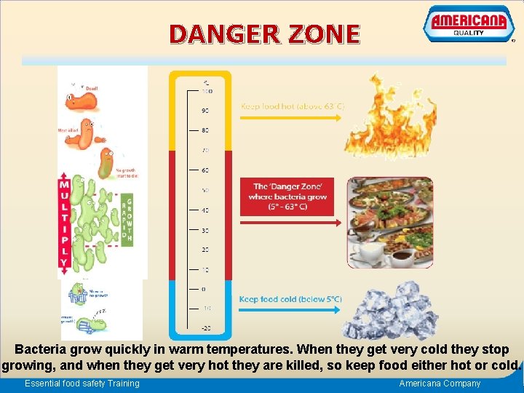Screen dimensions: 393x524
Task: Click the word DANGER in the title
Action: point(218,34)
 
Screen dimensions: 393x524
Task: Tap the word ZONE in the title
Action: point(325,34)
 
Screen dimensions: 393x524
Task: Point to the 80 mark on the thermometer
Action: point(204,130)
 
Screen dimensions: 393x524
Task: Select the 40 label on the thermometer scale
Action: point(205,210)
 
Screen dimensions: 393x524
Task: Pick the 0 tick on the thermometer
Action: point(205,289)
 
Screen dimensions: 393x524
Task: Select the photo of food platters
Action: point(390,222)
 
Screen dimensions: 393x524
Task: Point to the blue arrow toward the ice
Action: point(291,310)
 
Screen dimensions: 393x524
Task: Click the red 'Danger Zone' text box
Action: point(290,196)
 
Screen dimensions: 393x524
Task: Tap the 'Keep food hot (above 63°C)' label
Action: point(293,106)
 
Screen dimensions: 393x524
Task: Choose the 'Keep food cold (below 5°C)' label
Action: point(290,299)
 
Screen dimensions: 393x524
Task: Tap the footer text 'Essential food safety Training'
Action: point(82,384)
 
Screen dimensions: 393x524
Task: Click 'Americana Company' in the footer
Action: point(440,384)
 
